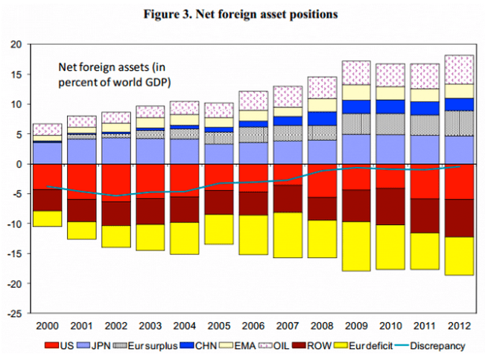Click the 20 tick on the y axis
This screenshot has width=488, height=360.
coord(20,45)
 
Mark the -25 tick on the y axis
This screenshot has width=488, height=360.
coord(19,314)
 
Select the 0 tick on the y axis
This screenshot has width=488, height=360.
coord(23,164)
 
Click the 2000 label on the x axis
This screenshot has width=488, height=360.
coord(47,326)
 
